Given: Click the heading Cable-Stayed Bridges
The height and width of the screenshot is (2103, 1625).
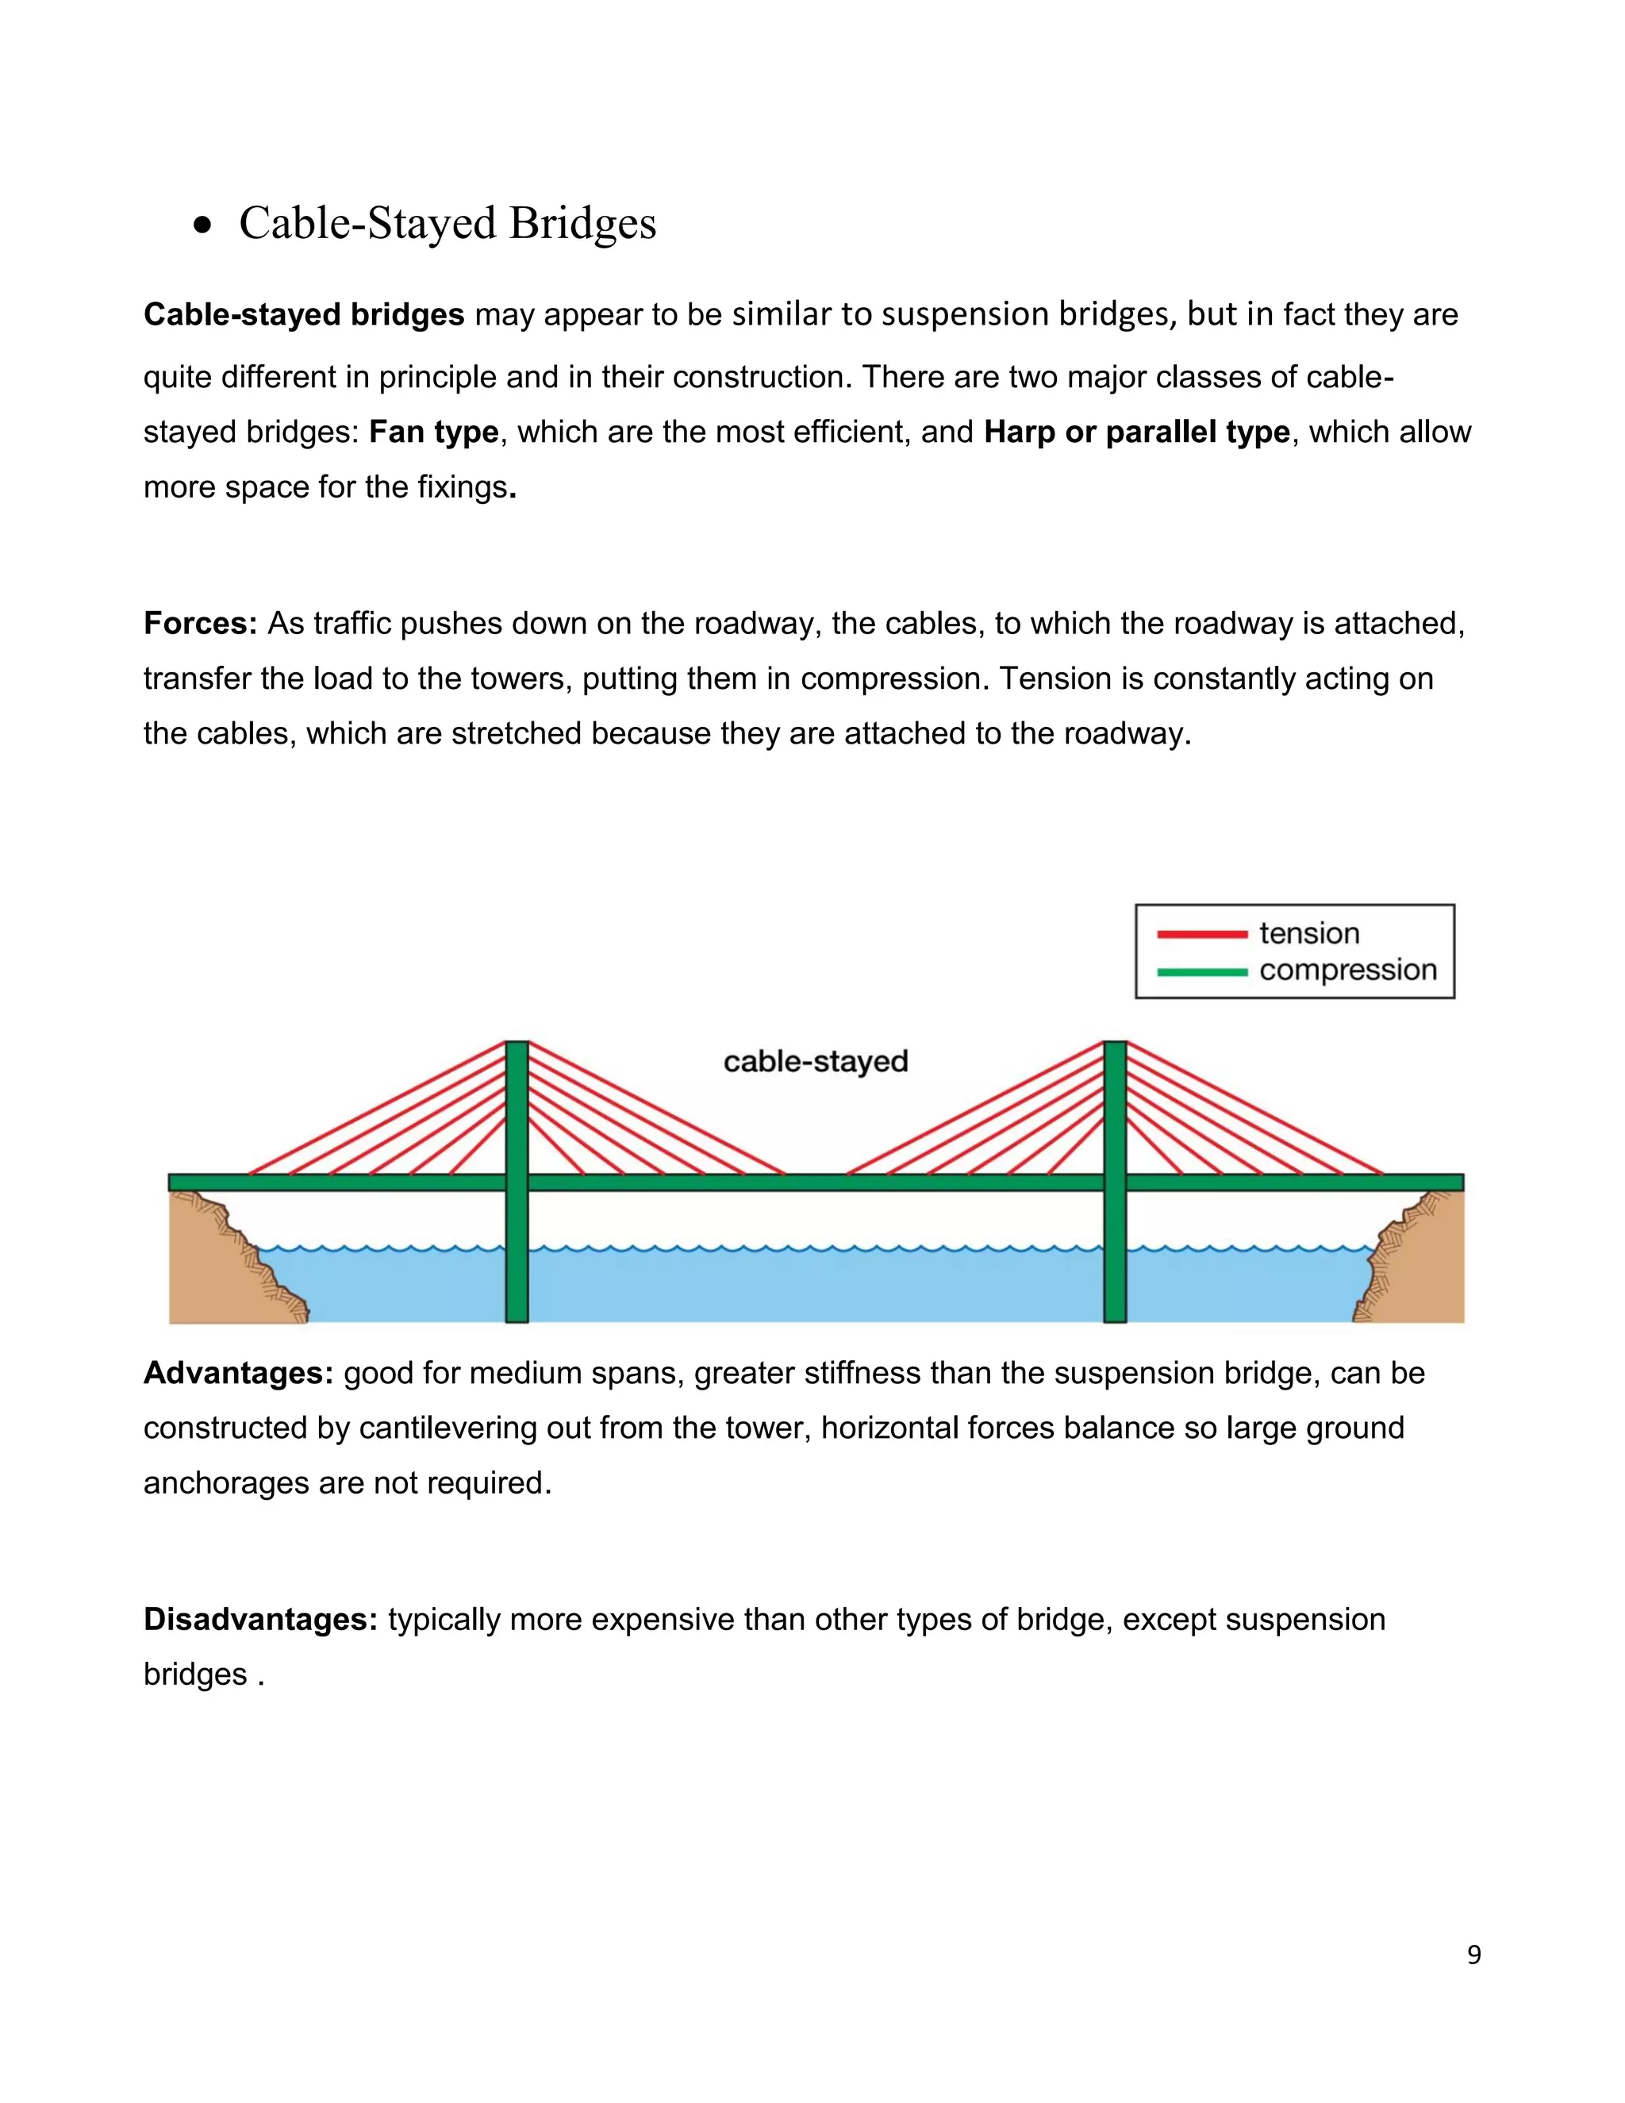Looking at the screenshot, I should coord(447,224).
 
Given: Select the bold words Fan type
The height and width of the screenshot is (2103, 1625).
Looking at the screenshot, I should coord(433,433).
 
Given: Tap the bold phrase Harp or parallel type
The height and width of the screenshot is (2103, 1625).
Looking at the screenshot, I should coord(1136,433).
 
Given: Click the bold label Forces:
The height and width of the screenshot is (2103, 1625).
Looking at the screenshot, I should coord(200,624).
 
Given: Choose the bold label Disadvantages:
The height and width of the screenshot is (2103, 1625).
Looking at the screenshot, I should coord(261,1620).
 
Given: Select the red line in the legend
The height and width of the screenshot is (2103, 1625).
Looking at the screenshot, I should coord(1201,934).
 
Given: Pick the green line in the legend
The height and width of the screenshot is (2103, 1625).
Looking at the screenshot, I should coord(1201,971).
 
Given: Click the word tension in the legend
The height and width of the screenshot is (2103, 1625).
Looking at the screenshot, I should coord(1309,934).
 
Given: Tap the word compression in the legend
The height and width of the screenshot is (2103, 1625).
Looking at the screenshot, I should coord(1348,971).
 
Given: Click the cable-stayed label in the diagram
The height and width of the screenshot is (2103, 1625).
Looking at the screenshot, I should coord(816,1062).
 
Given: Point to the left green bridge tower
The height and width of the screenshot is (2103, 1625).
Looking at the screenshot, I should coord(517,1251).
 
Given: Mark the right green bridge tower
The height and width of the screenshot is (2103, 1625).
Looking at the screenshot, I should coord(1115,1251).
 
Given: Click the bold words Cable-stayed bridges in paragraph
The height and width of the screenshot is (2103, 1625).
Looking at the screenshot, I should coord(303,315).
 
